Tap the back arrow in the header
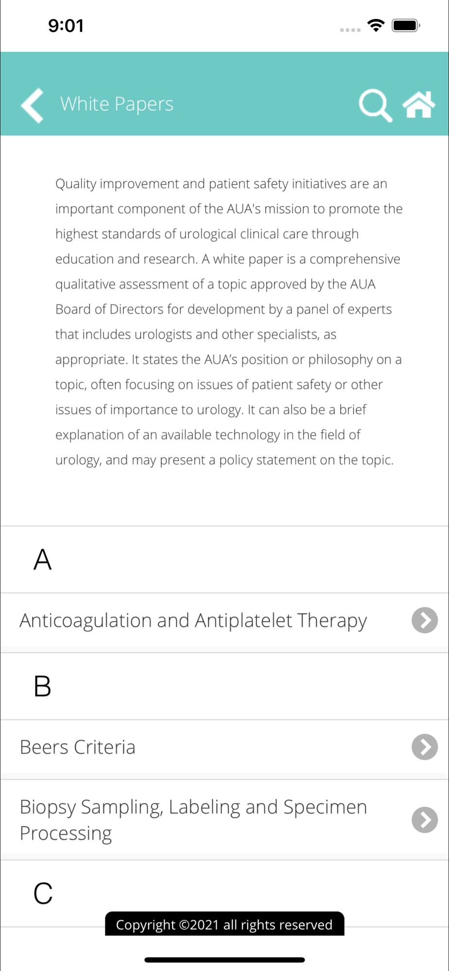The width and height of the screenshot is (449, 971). point(33,105)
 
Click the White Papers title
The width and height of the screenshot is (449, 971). point(117,104)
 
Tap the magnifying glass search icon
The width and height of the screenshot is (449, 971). point(375,105)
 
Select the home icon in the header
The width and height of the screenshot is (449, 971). point(418,104)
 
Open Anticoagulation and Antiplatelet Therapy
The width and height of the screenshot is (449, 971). point(193,620)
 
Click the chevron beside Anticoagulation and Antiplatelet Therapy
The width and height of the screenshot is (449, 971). point(425,620)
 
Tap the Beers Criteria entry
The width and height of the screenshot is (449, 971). point(78,747)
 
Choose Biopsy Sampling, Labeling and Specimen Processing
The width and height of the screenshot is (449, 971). point(193,820)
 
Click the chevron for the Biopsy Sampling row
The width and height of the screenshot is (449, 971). point(425,820)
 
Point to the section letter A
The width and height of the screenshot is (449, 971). point(42,559)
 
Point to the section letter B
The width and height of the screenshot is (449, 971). point(42,686)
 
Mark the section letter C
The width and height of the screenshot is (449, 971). point(43,893)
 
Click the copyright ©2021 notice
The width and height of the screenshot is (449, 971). point(224,924)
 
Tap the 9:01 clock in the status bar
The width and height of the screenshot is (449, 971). point(66,26)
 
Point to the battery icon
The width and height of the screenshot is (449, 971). point(406,25)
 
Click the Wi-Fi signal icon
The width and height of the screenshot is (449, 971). point(376,25)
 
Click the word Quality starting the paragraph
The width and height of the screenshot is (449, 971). point(76,184)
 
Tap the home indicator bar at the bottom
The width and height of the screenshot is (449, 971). point(224,960)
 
